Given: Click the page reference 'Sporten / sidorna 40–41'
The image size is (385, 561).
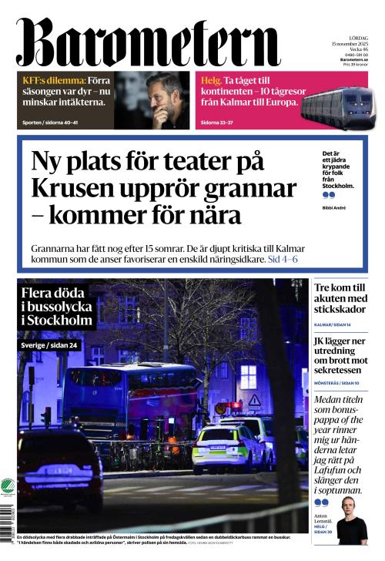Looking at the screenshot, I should (54, 123).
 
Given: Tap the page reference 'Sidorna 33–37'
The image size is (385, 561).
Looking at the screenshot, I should (219, 123).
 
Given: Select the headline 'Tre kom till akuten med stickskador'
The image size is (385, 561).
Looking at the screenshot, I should (340, 299).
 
